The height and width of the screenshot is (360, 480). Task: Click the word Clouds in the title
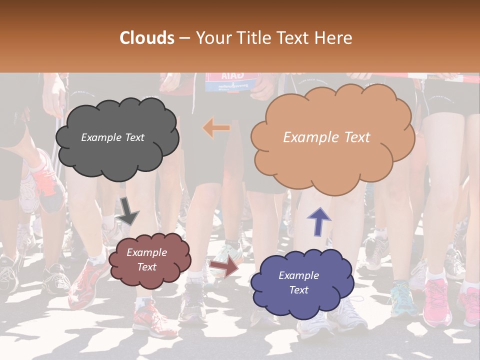pos(147,38)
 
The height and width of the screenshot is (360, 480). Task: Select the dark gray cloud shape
pos(117,137)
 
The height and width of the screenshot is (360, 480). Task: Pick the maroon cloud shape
pos(149,260)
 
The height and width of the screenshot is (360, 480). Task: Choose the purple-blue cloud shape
pos(302,282)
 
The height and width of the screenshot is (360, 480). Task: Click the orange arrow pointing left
pos(216,128)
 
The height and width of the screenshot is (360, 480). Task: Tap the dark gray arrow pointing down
pos(128,210)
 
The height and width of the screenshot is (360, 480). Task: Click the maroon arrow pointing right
pos(224,267)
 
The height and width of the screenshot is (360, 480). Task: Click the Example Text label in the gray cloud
pos(112,137)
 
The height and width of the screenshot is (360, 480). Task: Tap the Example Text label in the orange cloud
pos(326,137)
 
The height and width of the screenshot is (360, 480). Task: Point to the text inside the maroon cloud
pos(146,260)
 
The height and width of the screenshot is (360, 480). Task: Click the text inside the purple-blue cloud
pos(298,282)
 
